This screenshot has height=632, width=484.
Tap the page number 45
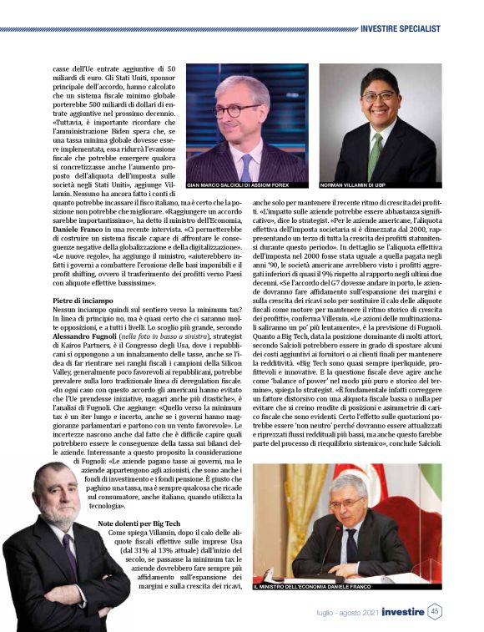point(436,612)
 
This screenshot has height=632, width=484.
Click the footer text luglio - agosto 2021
point(344,612)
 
